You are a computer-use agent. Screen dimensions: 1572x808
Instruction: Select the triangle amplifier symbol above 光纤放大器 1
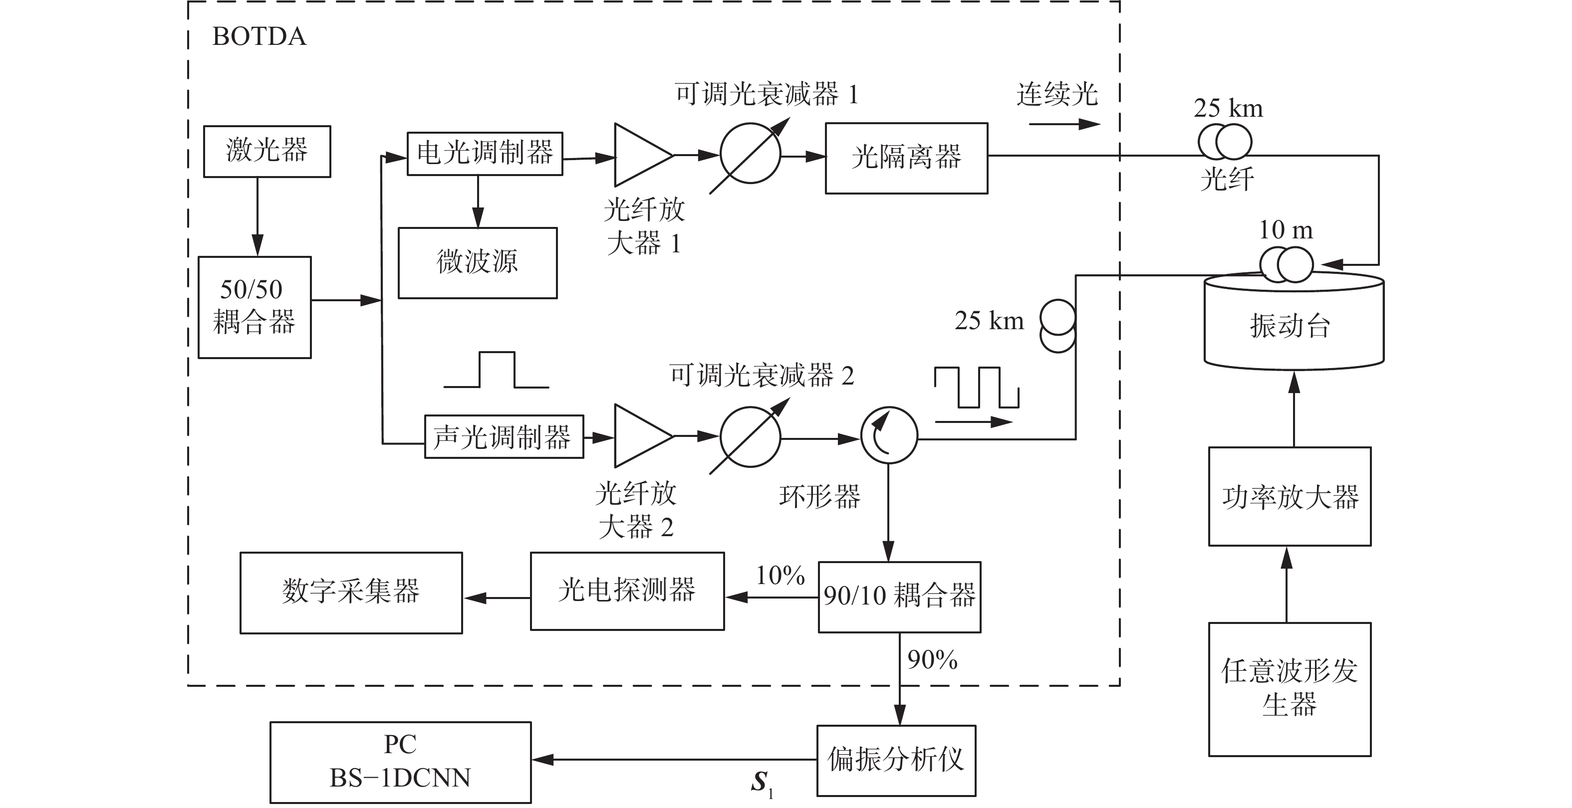point(644,155)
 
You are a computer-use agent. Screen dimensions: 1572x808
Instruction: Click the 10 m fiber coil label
point(1286,230)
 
